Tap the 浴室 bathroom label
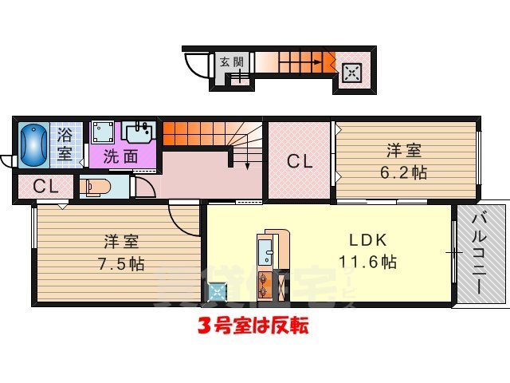64,143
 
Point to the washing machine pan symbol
103,132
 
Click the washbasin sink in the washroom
139,132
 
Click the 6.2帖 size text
404,171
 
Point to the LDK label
368,239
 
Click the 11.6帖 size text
368,261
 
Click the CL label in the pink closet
300,162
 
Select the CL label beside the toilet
45,188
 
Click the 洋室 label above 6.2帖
404,150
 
